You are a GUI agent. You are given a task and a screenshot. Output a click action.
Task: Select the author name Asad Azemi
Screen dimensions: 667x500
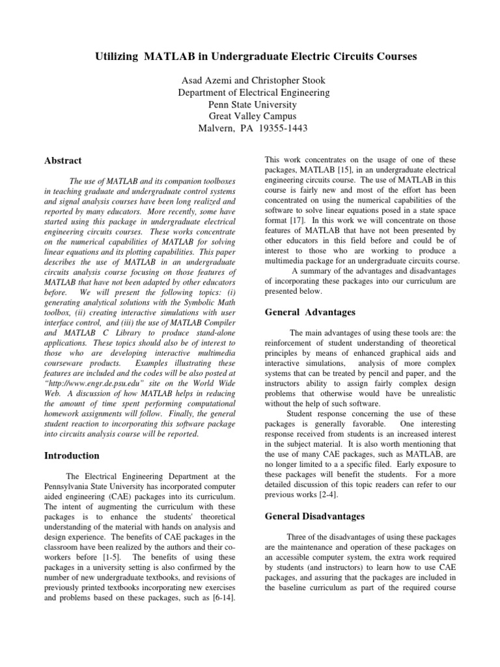tap(204, 81)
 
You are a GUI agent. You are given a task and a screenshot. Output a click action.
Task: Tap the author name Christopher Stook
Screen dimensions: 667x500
tap(288, 81)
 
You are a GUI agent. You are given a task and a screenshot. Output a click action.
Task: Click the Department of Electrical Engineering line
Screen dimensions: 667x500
tap(254, 92)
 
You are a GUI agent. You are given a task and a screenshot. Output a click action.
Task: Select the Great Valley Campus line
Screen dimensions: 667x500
tap(254, 116)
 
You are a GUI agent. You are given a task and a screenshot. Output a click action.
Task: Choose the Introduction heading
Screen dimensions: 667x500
tap(72, 455)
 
